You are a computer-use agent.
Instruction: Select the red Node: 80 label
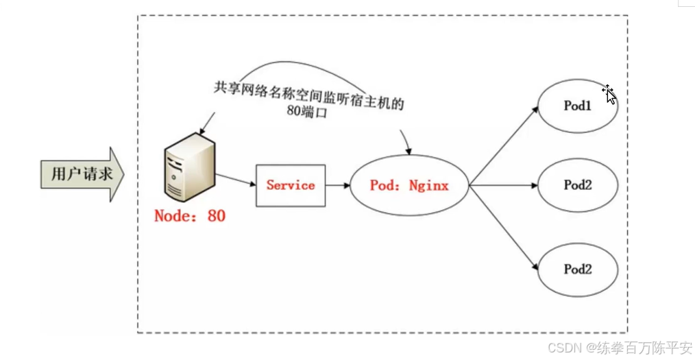pos(190,215)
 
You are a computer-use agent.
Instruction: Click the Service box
pos(291,185)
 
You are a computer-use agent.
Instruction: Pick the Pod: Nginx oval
pos(409,185)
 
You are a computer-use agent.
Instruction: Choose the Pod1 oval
pos(578,106)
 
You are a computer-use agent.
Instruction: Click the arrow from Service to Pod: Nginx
pos(337,185)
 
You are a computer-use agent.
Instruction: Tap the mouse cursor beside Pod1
pos(609,95)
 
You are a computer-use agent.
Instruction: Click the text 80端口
pos(307,113)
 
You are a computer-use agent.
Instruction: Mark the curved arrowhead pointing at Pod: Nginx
pos(409,149)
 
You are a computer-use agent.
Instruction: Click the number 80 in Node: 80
pos(215,215)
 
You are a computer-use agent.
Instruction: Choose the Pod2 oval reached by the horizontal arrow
pos(578,185)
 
